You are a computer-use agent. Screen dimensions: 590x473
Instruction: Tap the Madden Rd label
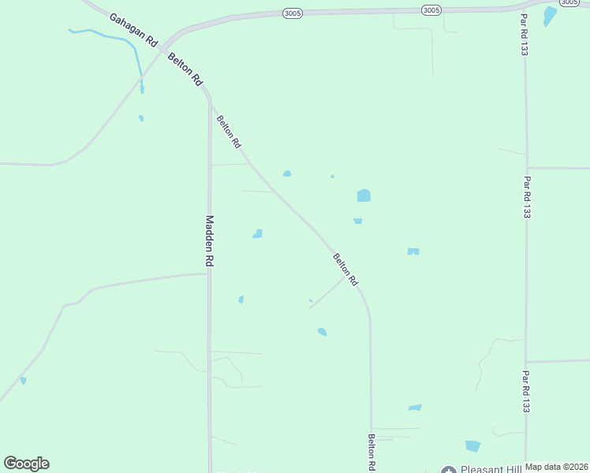point(210,240)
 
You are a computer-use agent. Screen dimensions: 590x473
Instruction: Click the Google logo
point(26,464)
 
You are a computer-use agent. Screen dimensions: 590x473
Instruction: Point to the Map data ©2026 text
point(556,467)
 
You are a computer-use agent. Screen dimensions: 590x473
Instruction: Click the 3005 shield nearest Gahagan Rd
point(292,13)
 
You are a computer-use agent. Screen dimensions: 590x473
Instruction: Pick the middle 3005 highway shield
point(431,9)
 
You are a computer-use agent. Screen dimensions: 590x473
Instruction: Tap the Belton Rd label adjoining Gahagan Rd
point(186,70)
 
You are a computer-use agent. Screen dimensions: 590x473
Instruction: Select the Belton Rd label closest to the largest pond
point(345,269)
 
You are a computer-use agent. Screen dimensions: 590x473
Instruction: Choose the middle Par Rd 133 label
point(526,196)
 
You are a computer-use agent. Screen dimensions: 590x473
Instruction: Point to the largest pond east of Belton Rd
point(364,196)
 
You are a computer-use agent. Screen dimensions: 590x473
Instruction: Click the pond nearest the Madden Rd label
point(257,234)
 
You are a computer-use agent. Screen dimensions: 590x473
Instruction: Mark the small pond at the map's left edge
point(24,381)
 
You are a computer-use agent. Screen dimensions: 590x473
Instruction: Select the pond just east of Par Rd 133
point(550,15)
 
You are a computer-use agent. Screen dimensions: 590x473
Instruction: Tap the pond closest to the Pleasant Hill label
point(472,446)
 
